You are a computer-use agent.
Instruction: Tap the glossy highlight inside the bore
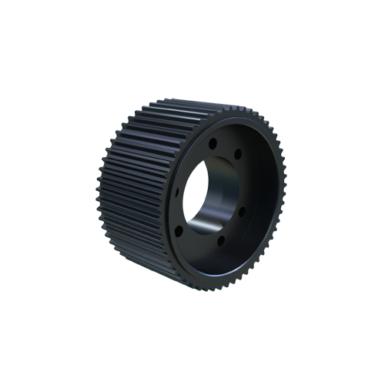[202, 225]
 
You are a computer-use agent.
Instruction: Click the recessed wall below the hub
[231, 262]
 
